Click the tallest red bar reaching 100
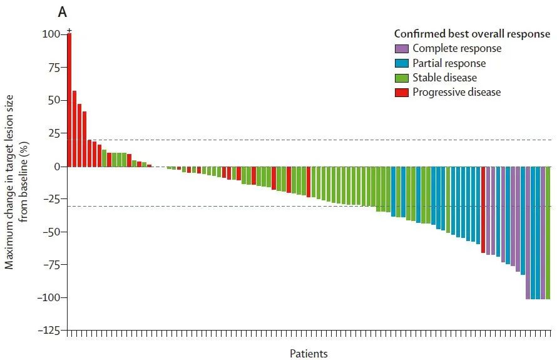69,100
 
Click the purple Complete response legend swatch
402,49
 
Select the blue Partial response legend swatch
402,63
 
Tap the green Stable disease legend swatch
402,78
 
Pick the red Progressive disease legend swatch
402,92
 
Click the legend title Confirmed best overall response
472,34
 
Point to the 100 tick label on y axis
52,34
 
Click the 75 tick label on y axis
54,67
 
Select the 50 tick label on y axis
54,100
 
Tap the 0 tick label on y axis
57,167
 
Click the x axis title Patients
309,354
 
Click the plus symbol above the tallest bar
69,30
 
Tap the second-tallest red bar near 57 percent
74,128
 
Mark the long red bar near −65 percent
483,210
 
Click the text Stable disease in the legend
444,78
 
